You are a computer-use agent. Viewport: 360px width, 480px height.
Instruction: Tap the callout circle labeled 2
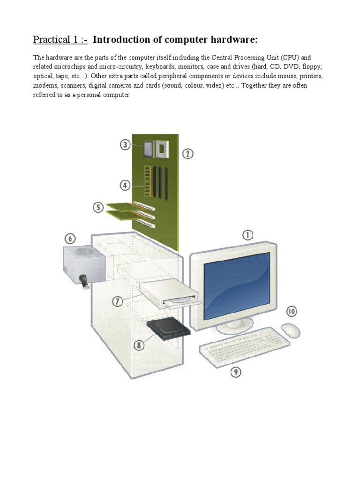pos(187,154)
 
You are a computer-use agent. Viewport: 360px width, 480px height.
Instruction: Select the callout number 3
pos(125,144)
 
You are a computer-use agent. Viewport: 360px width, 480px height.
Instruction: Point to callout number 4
pos(125,186)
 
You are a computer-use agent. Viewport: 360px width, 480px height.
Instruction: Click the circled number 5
pos(98,207)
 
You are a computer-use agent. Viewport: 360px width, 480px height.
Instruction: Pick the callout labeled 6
pos(70,239)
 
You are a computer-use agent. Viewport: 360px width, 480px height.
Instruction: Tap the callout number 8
pos(139,346)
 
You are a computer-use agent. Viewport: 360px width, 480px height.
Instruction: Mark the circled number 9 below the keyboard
pos(235,372)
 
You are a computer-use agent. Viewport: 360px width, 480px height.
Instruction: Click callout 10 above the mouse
pos(292,311)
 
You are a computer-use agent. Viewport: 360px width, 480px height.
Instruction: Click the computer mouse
pos(291,330)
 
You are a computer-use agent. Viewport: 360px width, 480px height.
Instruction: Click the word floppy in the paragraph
pos(297,67)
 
